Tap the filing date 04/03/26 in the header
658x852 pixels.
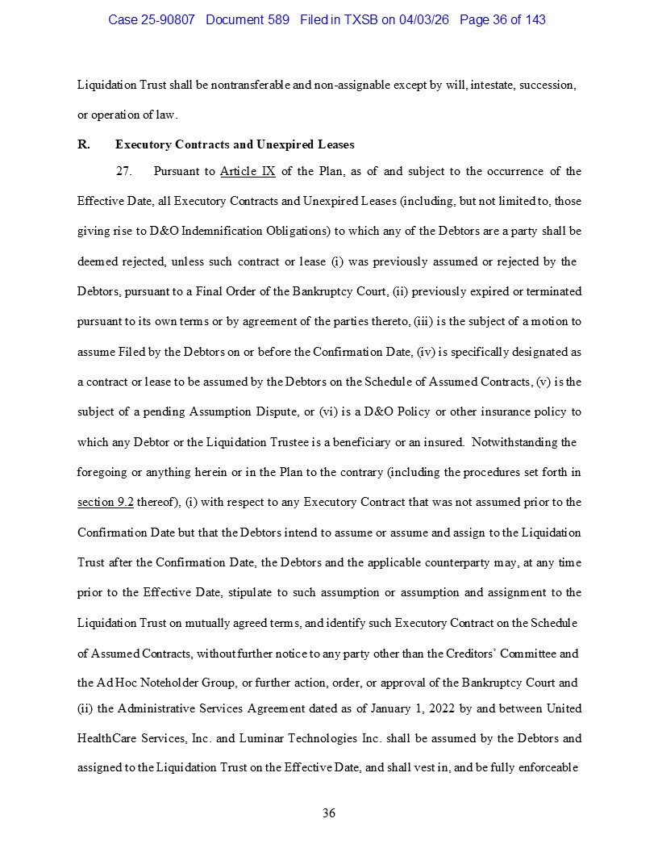click(x=425, y=19)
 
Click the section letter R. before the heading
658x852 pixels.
click(x=83, y=145)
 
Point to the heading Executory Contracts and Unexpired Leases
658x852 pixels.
click(x=235, y=145)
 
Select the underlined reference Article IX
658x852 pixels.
click(x=248, y=171)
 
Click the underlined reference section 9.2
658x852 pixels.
click(x=106, y=502)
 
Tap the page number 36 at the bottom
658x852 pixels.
click(x=329, y=812)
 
